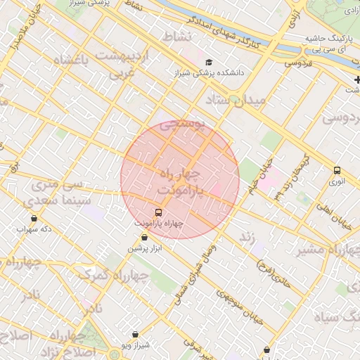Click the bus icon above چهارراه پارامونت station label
point(157,212)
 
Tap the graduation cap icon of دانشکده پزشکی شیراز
point(208,62)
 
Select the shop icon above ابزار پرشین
point(144,238)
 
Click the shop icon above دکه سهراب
point(34,219)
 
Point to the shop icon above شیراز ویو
point(135,334)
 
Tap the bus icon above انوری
point(337,170)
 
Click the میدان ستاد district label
point(236,101)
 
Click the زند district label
point(247,238)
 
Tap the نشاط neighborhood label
point(176,36)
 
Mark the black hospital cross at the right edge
point(356,79)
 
